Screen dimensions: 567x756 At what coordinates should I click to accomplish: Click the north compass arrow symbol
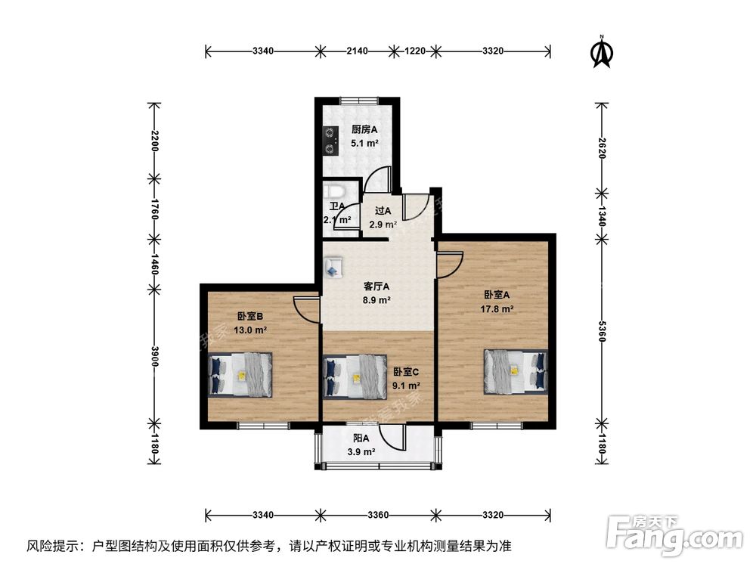(x=601, y=52)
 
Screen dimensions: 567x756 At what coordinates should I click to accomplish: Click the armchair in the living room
(x=333, y=267)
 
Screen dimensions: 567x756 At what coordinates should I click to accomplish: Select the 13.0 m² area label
(x=251, y=330)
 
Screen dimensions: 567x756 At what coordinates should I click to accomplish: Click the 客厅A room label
(x=376, y=287)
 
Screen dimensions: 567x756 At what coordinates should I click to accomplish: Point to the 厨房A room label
(x=364, y=129)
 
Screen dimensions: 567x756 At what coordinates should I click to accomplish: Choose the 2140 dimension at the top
(x=357, y=51)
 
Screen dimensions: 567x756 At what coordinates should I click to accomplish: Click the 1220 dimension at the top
(x=415, y=51)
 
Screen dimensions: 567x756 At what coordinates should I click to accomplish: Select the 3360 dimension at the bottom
(x=378, y=515)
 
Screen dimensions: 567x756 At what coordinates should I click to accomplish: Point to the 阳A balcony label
(x=361, y=438)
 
